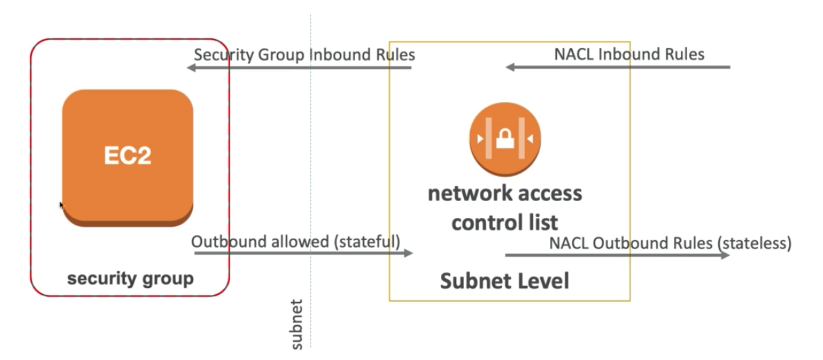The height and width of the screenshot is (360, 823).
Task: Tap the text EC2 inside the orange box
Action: tap(128, 155)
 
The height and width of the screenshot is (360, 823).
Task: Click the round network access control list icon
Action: tap(504, 138)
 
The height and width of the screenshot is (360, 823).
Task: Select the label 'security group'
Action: tap(130, 279)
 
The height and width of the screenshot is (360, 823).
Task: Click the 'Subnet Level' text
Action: tap(504, 281)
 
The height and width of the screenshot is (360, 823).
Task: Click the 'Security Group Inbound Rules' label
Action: tap(304, 55)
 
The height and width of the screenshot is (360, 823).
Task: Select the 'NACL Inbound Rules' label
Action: tap(629, 54)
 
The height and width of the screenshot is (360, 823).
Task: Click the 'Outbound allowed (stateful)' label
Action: tap(295, 242)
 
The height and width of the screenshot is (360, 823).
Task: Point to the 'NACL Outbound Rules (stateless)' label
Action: tap(670, 243)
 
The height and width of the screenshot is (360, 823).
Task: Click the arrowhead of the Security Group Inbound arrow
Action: tap(191, 68)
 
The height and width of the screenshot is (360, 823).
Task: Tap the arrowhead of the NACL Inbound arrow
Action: tap(510, 67)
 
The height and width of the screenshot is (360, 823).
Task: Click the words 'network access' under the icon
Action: tap(504, 193)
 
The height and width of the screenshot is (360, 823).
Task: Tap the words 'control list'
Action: tap(504, 223)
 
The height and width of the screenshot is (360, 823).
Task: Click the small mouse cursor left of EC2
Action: tap(61, 205)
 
